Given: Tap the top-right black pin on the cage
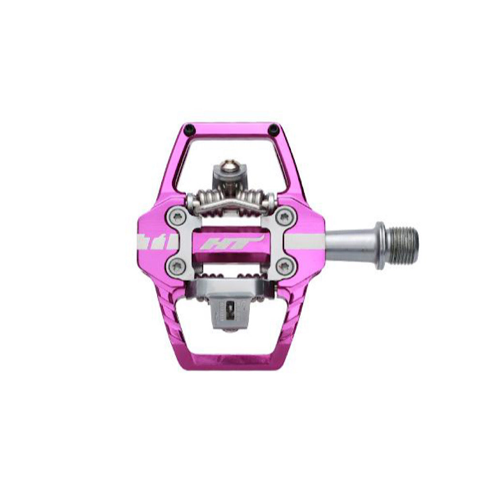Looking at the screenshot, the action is click(274, 129).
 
